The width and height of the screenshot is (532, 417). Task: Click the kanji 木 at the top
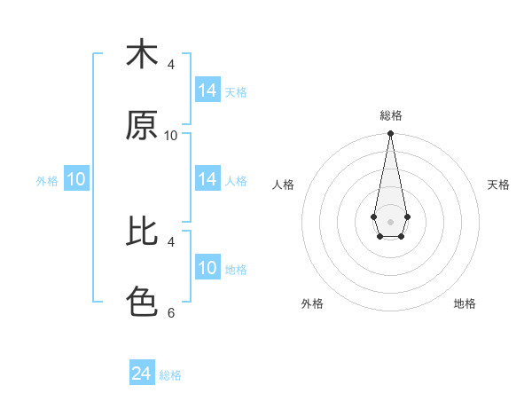click(142, 55)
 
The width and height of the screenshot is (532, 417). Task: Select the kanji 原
click(142, 126)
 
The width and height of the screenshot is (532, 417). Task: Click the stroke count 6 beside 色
click(171, 312)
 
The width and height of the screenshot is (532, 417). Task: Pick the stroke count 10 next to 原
click(171, 135)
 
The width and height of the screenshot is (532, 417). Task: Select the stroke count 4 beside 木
click(171, 64)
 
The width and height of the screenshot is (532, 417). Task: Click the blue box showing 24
click(142, 374)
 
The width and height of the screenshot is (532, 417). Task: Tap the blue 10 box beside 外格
click(76, 179)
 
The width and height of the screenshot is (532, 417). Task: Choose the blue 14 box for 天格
click(207, 90)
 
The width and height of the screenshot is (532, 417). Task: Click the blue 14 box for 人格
click(207, 179)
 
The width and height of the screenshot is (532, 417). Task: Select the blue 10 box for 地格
click(207, 268)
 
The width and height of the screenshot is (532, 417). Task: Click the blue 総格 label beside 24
click(170, 375)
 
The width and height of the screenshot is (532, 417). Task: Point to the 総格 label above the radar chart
click(390, 115)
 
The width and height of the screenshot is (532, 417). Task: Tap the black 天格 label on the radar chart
click(498, 185)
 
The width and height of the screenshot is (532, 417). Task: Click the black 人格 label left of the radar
click(283, 185)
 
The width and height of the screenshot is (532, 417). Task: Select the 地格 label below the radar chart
click(465, 303)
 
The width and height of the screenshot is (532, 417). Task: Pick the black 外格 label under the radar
click(312, 303)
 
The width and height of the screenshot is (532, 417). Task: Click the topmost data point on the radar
click(390, 134)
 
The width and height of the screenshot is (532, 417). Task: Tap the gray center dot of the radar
click(390, 221)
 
